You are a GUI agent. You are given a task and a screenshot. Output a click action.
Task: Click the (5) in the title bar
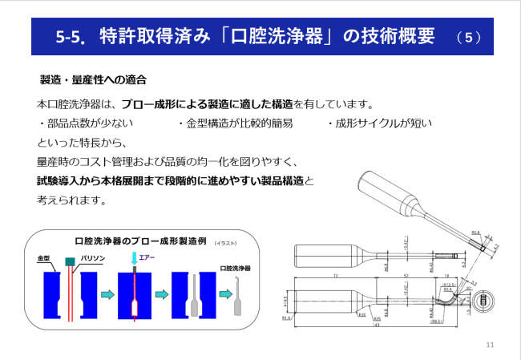pyautogui.click(x=468, y=37)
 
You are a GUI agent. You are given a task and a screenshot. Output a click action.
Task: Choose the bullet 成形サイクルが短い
pyautogui.click(x=380, y=123)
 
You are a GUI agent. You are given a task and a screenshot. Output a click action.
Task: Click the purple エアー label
pyautogui.click(x=147, y=257)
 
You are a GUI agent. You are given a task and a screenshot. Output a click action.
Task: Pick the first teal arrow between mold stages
pyautogui.click(x=107, y=294)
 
